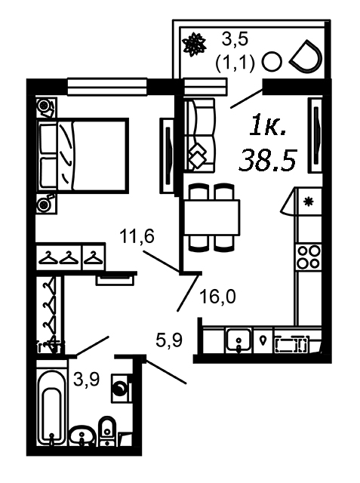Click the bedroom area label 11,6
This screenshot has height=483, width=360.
point(137,237)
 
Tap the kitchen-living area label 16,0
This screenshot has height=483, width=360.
point(217,297)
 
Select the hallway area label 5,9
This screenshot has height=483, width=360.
point(169,340)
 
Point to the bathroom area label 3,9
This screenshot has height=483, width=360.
point(87,379)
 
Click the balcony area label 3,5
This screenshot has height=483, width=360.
point(235,40)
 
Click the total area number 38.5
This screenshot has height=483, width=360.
point(268,159)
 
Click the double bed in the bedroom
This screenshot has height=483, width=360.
point(82,156)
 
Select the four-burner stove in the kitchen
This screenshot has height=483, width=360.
point(308,257)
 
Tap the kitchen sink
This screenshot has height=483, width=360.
point(238,340)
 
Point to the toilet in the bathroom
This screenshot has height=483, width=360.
point(107,430)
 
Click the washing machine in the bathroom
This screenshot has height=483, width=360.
point(122,388)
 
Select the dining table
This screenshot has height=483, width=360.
point(211,217)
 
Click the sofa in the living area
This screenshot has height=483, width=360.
point(199,135)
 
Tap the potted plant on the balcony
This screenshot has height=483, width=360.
point(194,45)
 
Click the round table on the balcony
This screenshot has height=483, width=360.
point(272,62)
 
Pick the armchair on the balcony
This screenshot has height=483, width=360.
point(306,57)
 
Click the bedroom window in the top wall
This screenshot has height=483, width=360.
point(107,88)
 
